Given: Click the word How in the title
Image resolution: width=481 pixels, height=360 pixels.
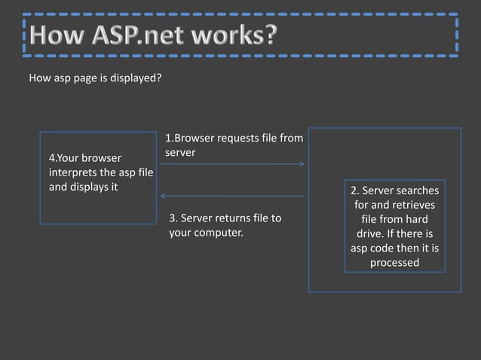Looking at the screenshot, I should (57, 35).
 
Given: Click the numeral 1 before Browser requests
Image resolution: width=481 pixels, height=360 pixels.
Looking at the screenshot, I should (168, 139).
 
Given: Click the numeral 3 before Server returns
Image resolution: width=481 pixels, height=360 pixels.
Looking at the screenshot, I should (173, 218).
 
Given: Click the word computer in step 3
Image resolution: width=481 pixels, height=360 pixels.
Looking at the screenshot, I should (219, 232).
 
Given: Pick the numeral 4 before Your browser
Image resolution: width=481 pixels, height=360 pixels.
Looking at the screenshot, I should (51, 159).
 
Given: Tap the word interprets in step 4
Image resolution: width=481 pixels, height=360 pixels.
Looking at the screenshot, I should (72, 173).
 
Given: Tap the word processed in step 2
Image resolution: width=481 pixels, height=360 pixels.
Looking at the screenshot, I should (394, 263).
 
